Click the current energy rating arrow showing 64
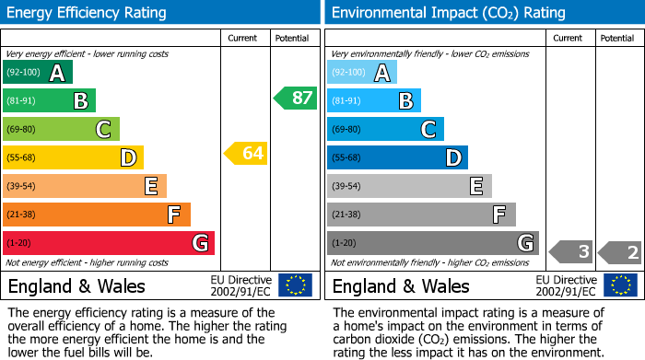246,154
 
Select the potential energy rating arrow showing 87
295,98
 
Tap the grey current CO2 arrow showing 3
571,251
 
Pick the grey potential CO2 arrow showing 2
620,251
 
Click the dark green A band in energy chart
38,73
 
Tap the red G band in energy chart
109,243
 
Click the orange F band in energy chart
97,215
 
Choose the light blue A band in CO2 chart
362,73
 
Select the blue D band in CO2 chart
397,158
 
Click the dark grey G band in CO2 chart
432,243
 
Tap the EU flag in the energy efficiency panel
295,285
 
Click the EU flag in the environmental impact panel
620,285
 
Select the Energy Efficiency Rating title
88,13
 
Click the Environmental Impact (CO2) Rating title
448,13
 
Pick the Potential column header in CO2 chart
617,38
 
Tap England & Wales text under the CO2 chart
401,285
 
